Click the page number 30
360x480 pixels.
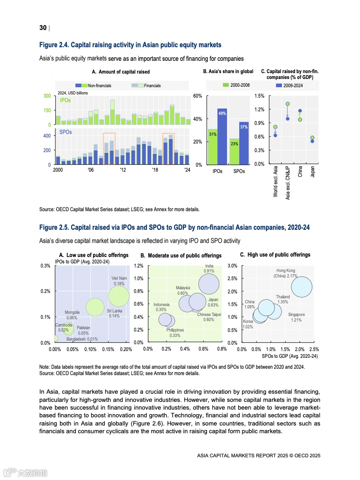point(43,28)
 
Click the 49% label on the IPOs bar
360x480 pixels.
point(222,113)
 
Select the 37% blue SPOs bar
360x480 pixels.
point(244,145)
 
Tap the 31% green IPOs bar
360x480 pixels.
point(212,147)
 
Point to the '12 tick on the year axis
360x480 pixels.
point(123,170)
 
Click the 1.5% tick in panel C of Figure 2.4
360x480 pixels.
point(260,96)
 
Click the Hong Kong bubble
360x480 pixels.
point(301,287)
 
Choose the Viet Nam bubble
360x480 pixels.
point(119,296)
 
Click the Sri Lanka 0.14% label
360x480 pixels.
point(114,313)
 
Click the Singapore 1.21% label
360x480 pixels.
point(296,317)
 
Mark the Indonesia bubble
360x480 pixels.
point(167,319)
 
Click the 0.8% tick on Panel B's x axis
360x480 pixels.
point(222,349)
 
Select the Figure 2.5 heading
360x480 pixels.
point(174,227)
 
